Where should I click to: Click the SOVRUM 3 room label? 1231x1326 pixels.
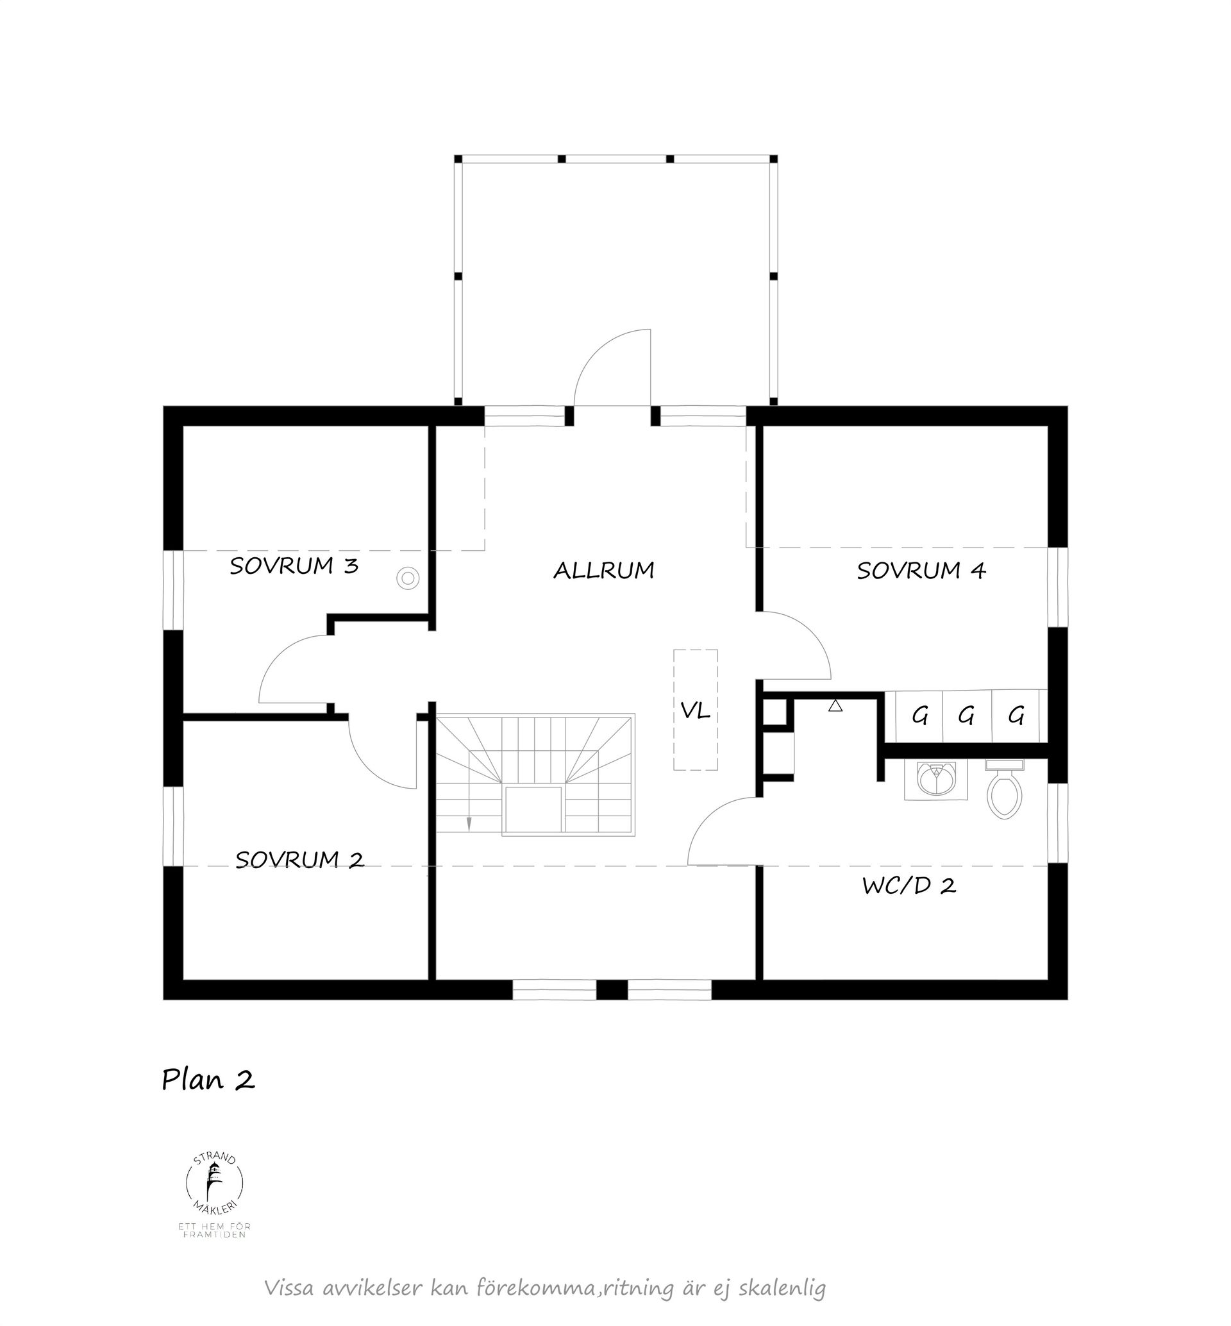click(x=294, y=566)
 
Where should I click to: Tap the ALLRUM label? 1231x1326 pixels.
click(x=603, y=571)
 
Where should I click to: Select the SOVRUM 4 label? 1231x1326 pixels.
click(x=921, y=571)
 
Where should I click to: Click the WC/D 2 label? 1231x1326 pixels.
click(x=909, y=885)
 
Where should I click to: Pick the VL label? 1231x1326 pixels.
click(x=695, y=711)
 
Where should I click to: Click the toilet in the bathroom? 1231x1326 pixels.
click(x=1004, y=793)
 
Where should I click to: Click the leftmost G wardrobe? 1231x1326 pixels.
click(x=920, y=716)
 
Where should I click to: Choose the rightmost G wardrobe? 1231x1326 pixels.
click(x=1016, y=716)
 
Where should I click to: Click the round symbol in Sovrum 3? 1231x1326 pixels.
click(x=408, y=578)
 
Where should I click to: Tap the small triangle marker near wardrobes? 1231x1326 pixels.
click(x=835, y=706)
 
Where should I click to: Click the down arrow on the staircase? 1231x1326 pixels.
click(x=469, y=823)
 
